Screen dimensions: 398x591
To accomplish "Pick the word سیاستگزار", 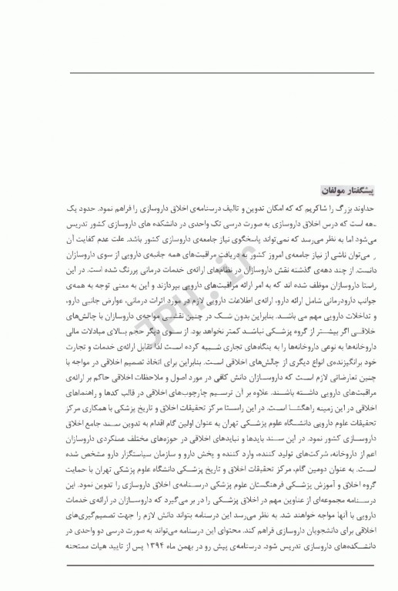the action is [155, 459].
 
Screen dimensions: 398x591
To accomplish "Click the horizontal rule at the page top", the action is [199, 74].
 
